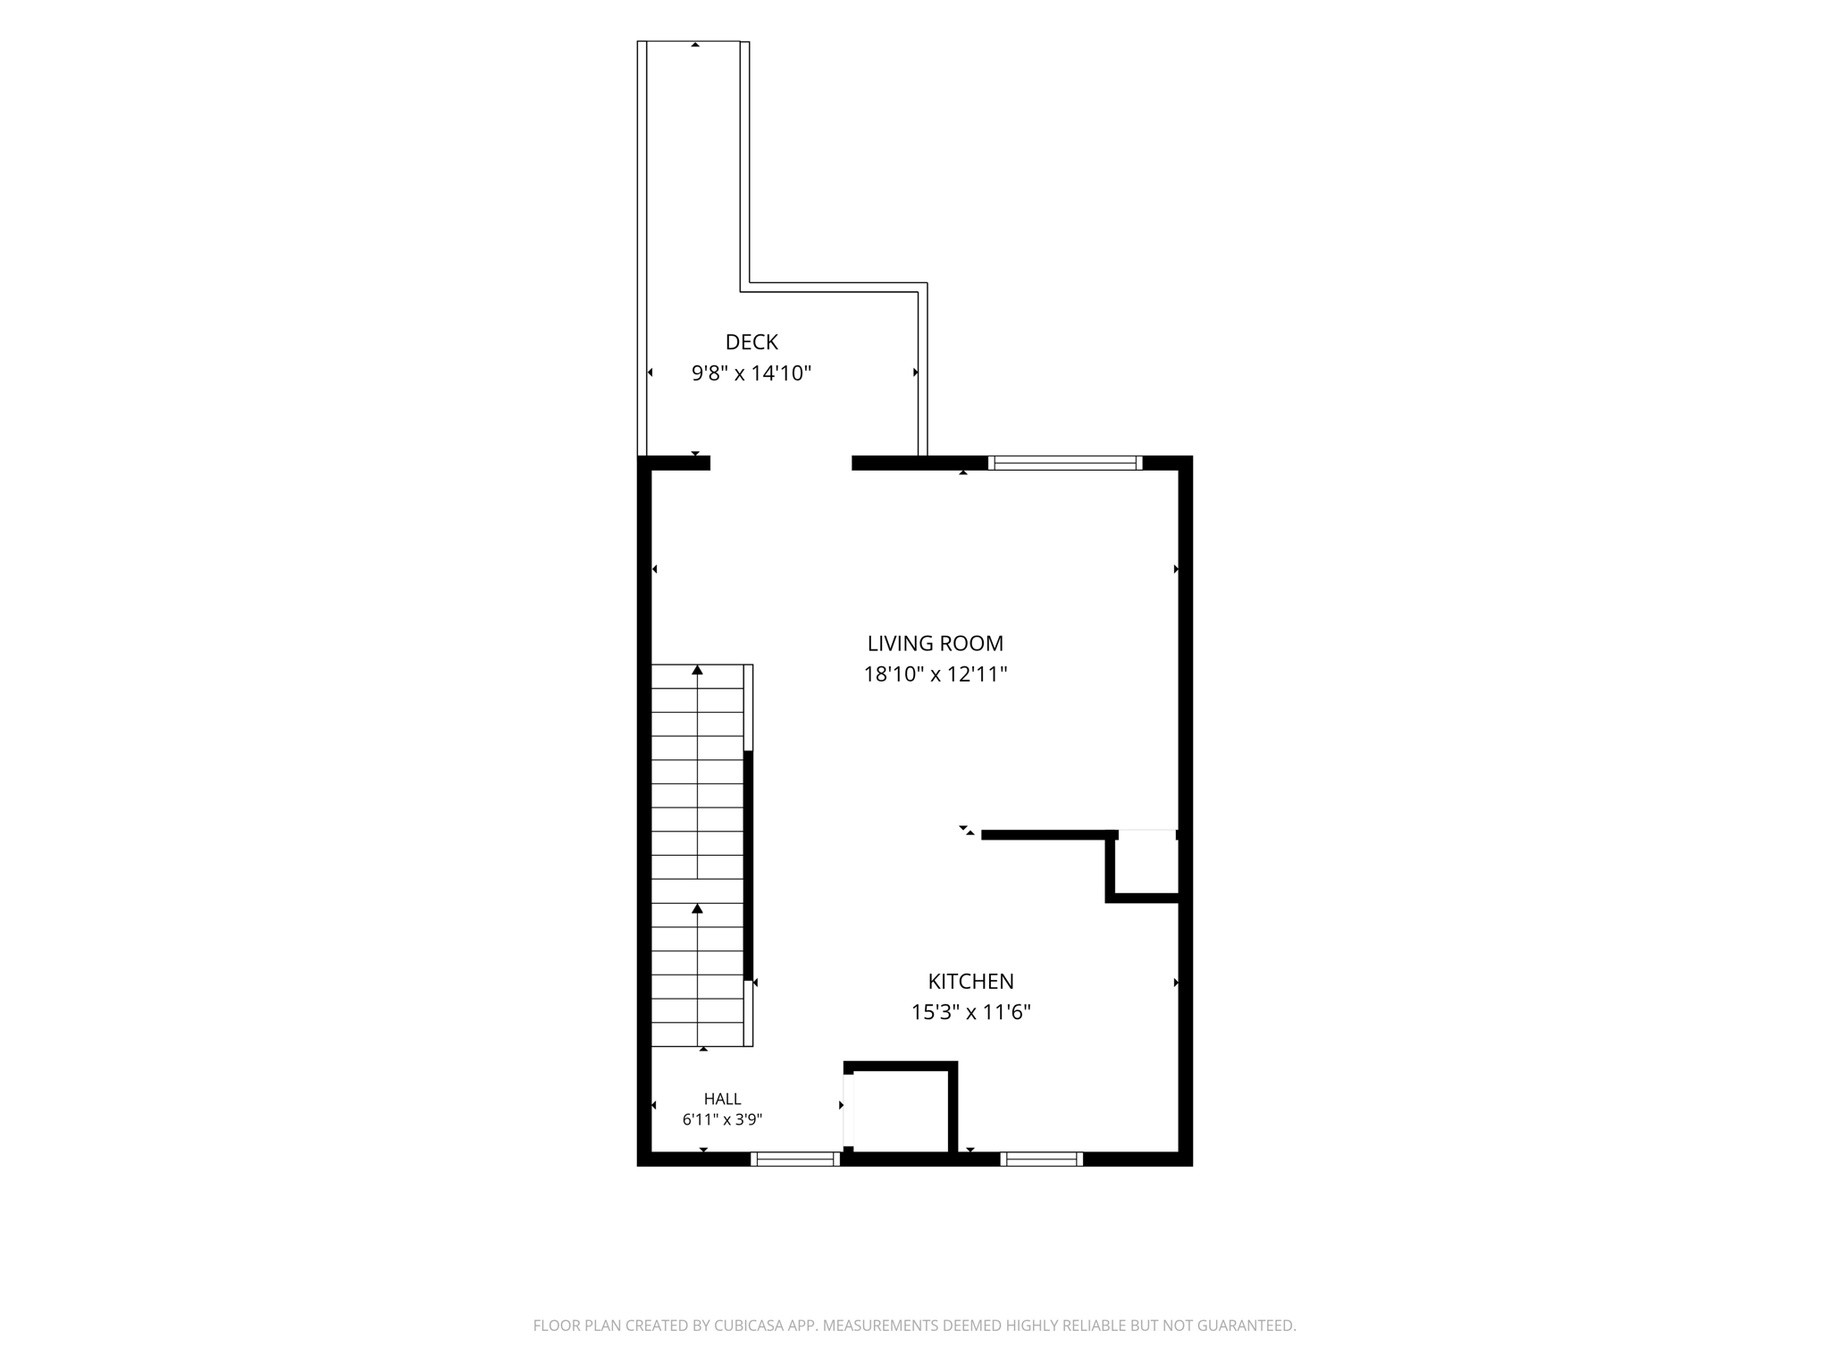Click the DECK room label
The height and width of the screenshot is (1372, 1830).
click(751, 342)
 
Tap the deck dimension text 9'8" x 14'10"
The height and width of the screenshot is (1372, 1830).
click(751, 373)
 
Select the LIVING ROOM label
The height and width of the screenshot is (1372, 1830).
click(936, 643)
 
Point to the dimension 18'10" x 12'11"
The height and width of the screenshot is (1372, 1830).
click(936, 674)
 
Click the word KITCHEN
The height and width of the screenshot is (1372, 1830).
click(971, 982)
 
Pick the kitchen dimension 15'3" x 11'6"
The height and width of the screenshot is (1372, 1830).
click(971, 1012)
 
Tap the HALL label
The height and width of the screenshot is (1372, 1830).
click(723, 1100)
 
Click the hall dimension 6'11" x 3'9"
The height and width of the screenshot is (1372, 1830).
click(723, 1120)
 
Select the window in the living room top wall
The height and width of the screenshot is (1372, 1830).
click(1065, 463)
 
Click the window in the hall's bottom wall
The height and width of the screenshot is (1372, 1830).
click(795, 1159)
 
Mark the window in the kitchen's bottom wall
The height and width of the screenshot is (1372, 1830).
click(1042, 1159)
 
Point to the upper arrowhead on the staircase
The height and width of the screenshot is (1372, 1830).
click(698, 670)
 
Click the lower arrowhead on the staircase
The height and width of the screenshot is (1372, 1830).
click(698, 908)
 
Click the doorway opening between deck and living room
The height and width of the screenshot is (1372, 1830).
click(781, 463)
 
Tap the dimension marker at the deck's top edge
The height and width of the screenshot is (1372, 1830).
click(695, 45)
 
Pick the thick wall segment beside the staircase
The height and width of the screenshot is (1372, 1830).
click(749, 866)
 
